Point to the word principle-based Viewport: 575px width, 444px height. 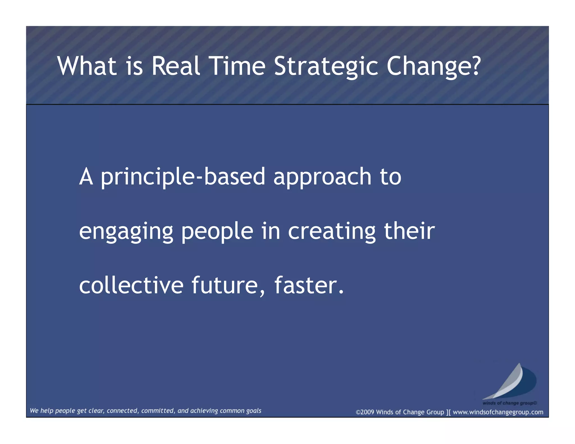183,177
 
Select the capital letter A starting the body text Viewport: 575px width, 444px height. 86,177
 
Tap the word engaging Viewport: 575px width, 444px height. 126,232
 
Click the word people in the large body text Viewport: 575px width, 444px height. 217,232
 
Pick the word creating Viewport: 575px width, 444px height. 332,232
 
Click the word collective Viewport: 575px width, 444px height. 131,285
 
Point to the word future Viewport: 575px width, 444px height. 225,285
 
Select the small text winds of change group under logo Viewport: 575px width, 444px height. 509,403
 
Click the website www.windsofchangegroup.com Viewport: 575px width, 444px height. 498,412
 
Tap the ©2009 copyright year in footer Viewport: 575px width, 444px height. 365,412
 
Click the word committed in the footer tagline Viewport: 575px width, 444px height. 158,411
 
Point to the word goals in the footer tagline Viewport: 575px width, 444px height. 254,411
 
